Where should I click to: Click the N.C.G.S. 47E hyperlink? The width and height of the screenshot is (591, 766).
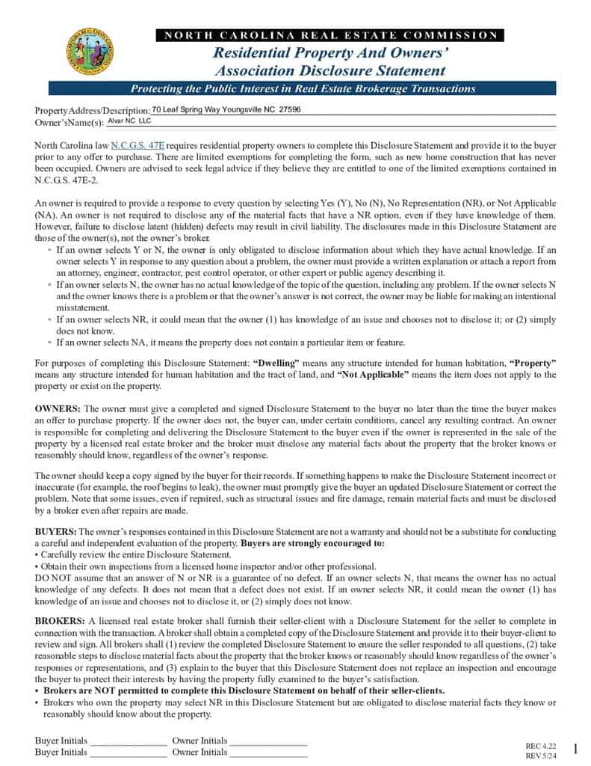click(137, 145)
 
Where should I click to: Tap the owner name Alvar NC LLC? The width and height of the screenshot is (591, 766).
click(129, 120)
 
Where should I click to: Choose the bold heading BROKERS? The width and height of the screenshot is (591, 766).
click(61, 622)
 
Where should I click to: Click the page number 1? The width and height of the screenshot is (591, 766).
click(575, 749)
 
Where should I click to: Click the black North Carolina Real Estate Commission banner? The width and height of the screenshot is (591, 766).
click(329, 35)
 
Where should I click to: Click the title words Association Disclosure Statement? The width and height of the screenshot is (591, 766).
click(329, 71)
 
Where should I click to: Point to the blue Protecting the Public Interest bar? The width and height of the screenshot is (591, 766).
click(303, 89)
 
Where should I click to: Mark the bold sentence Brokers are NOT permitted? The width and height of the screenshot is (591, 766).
click(244, 691)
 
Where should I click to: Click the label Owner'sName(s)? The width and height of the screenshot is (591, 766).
click(69, 122)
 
